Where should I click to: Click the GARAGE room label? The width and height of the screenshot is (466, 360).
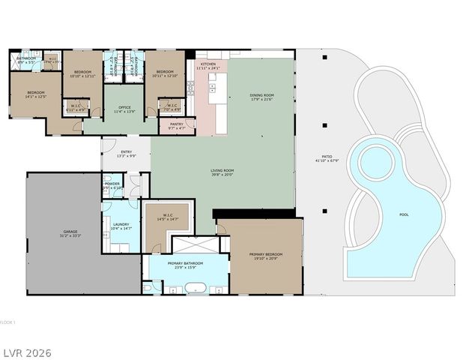click(x=70, y=233)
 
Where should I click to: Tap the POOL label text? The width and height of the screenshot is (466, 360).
click(x=404, y=215)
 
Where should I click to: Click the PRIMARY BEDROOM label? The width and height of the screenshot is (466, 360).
click(x=266, y=256)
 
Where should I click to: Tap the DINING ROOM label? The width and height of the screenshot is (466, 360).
click(x=262, y=96)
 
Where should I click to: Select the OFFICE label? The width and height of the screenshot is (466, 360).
click(x=125, y=109)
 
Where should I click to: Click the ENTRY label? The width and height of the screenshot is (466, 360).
click(x=125, y=154)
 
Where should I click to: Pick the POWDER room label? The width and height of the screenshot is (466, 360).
click(x=112, y=184)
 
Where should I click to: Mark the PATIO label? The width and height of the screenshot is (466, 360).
click(x=321, y=158)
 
